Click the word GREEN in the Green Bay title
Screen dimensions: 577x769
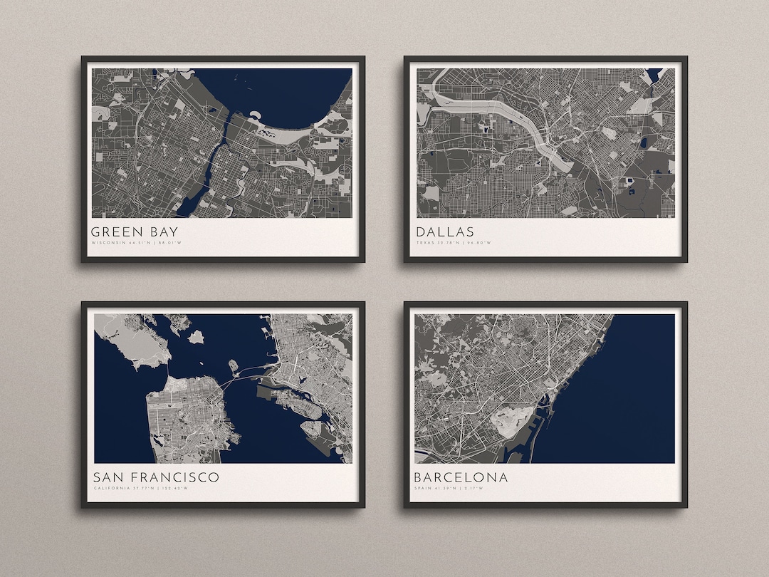coord(114,232)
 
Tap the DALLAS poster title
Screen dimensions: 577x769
coord(445,232)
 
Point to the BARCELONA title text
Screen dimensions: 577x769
coord(461,477)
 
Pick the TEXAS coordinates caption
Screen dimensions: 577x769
coord(454,243)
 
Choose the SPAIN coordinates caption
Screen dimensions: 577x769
coord(448,488)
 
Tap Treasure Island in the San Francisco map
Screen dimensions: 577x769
coord(233,365)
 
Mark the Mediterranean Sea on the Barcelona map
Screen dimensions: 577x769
coord(619,399)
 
